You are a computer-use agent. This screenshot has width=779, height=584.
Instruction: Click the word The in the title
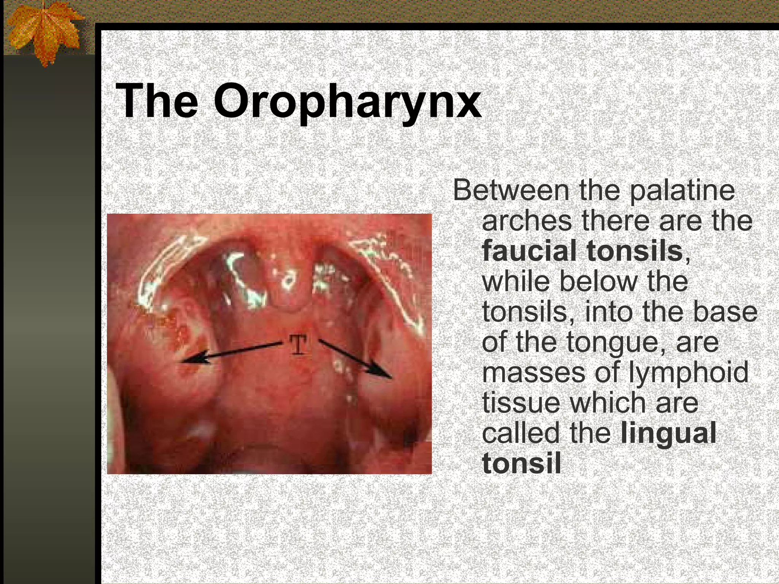(x=157, y=101)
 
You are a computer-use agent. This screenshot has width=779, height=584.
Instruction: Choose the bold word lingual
(x=668, y=434)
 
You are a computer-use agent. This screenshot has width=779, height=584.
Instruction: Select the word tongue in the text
(x=612, y=343)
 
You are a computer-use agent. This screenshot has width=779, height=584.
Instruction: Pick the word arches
(x=526, y=221)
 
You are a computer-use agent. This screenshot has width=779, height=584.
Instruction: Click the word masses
(x=533, y=373)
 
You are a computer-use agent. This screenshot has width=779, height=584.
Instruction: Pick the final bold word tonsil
(x=521, y=463)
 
